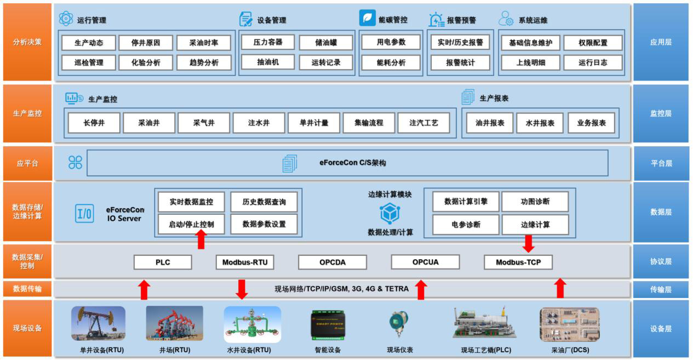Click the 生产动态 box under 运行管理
coord(89,43)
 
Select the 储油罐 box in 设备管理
coord(326,42)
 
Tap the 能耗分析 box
coord(391,62)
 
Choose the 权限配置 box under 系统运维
coord(593,43)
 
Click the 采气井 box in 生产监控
coord(204,123)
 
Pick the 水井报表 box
coord(540,123)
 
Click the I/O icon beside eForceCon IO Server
coord(84,213)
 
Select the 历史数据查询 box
coord(264,202)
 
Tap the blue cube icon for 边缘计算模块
coord(390,214)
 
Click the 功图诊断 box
coord(535,202)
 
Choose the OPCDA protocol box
coord(333,262)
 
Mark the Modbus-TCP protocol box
coord(518,262)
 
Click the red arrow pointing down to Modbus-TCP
coord(529,243)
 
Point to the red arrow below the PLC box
coord(144,289)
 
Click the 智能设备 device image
coord(328,323)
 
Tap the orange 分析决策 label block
coord(27,42)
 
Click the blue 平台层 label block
coord(661,163)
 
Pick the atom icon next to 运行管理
coord(66,19)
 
